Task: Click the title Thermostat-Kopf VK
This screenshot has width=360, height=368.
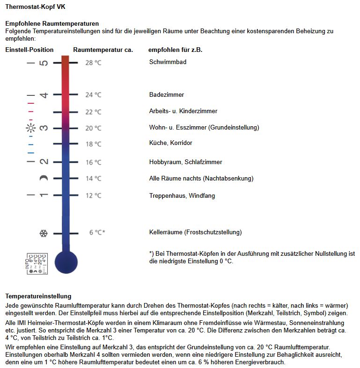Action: click(32, 7)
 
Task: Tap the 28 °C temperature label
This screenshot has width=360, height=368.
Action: click(93, 63)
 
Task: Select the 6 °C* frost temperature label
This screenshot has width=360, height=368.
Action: click(97, 232)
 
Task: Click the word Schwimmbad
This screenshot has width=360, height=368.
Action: click(168, 62)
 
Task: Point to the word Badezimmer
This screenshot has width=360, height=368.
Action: click(167, 94)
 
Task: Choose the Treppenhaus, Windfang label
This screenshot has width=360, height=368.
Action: click(182, 195)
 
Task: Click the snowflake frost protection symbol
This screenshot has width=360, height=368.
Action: click(44, 233)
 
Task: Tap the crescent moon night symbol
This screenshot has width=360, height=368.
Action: click(44, 178)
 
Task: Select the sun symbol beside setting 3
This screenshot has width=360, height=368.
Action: click(31, 128)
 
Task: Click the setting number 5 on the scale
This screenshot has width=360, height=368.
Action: click(44, 63)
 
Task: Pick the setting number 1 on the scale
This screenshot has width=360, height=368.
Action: click(44, 195)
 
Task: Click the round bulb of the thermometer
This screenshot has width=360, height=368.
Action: click(66, 261)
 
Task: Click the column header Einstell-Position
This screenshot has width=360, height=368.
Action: click(29, 50)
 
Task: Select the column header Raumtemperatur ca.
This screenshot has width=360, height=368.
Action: click(103, 50)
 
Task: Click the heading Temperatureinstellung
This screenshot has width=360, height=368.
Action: click(38, 296)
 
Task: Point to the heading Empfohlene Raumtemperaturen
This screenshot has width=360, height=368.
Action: click(52, 23)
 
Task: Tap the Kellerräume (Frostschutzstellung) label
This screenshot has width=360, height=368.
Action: click(195, 232)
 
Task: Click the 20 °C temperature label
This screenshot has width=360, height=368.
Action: click(93, 128)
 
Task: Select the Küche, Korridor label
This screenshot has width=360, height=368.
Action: click(170, 143)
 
